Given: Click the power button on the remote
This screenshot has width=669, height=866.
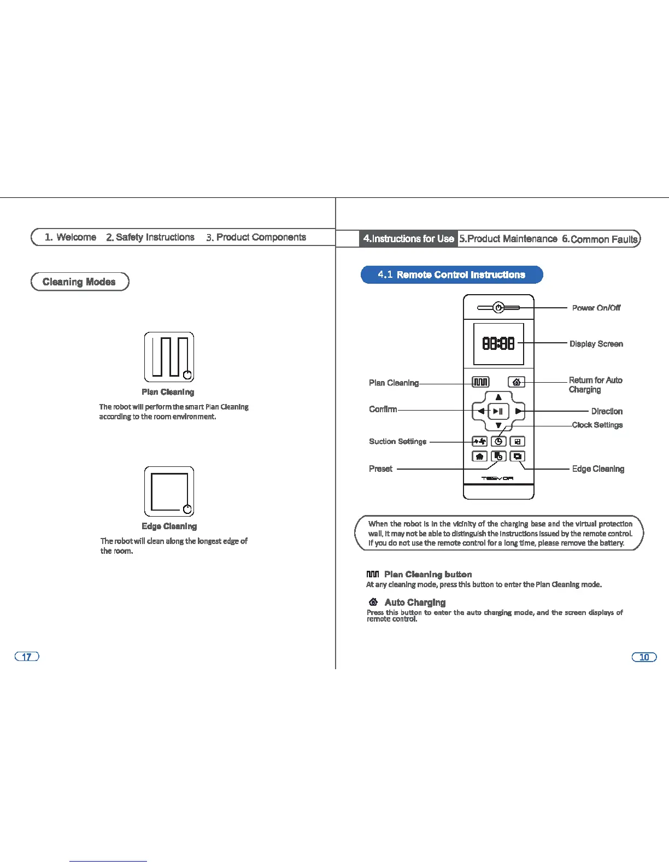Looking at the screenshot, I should (x=498, y=308).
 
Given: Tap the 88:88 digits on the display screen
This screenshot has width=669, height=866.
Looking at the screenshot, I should (x=498, y=343).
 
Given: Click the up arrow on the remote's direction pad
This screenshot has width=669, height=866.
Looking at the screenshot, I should (x=498, y=397).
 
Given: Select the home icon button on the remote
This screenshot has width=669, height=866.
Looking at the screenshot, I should (x=517, y=382).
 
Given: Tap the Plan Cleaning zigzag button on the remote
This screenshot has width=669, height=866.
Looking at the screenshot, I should (x=480, y=382).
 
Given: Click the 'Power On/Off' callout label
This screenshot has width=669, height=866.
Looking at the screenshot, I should (x=596, y=308).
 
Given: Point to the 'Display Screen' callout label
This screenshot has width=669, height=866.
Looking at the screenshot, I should (x=596, y=344).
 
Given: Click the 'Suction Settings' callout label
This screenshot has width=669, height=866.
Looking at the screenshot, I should (x=397, y=441).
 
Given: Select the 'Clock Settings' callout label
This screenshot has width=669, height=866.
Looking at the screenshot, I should (x=597, y=425).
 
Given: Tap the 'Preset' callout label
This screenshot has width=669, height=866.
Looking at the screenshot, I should (x=380, y=469).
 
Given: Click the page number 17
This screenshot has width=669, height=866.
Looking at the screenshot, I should (x=27, y=657).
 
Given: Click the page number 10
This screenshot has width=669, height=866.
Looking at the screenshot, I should (x=644, y=657).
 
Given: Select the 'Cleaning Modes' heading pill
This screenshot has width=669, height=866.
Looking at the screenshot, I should (x=80, y=282).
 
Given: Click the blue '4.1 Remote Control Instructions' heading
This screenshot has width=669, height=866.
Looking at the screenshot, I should (x=451, y=274).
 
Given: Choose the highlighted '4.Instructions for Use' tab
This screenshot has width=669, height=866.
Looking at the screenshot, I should (x=408, y=238).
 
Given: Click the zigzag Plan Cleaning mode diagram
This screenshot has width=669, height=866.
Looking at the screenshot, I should (x=169, y=356).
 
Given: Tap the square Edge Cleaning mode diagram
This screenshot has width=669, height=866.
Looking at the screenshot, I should (x=169, y=491).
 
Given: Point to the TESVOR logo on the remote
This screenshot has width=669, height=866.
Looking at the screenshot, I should (x=497, y=478).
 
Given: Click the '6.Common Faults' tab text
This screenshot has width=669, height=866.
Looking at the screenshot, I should (x=600, y=239).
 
